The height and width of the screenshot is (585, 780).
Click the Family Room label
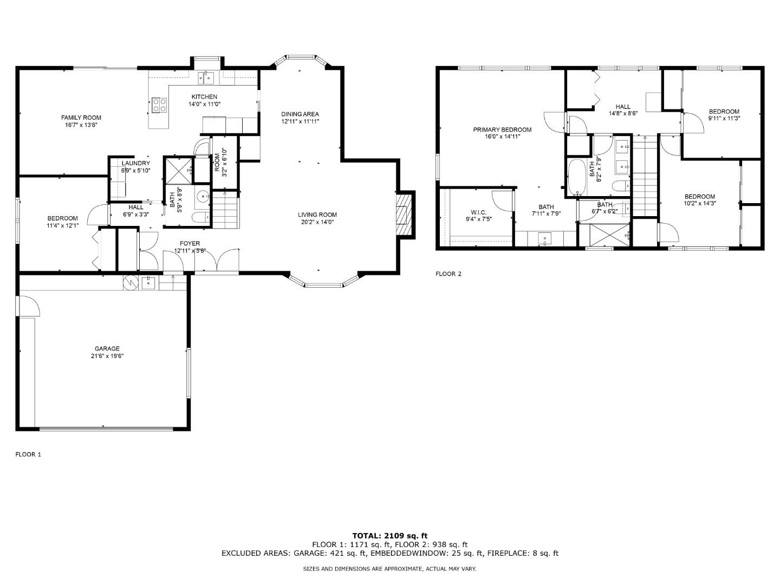pyautogui.click(x=81, y=118)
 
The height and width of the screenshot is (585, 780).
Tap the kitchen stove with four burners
pyautogui.click(x=159, y=105)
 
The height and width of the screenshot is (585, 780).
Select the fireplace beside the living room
pyautogui.click(x=405, y=215)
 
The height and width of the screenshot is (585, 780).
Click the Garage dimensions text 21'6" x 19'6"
pyautogui.click(x=107, y=356)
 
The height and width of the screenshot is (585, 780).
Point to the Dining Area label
pyautogui.click(x=300, y=114)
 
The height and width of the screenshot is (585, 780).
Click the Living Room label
pyautogui.click(x=317, y=214)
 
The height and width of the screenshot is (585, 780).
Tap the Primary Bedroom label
pyautogui.click(x=502, y=129)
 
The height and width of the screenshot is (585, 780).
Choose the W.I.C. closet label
pyautogui.click(x=478, y=212)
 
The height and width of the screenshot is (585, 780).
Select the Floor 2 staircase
pyautogui.click(x=645, y=176)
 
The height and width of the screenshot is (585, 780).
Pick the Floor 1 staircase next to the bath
pyautogui.click(x=225, y=210)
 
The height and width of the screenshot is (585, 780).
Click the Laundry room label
pyautogui.click(x=136, y=163)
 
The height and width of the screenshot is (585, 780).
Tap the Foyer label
pyautogui.click(x=190, y=243)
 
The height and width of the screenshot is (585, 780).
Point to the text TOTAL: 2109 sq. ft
pyautogui.click(x=390, y=536)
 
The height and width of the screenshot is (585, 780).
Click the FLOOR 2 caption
pyautogui.click(x=448, y=274)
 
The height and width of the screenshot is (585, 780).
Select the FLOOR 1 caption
pyautogui.click(x=28, y=454)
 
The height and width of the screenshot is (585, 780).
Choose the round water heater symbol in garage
pyautogui.click(x=130, y=283)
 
